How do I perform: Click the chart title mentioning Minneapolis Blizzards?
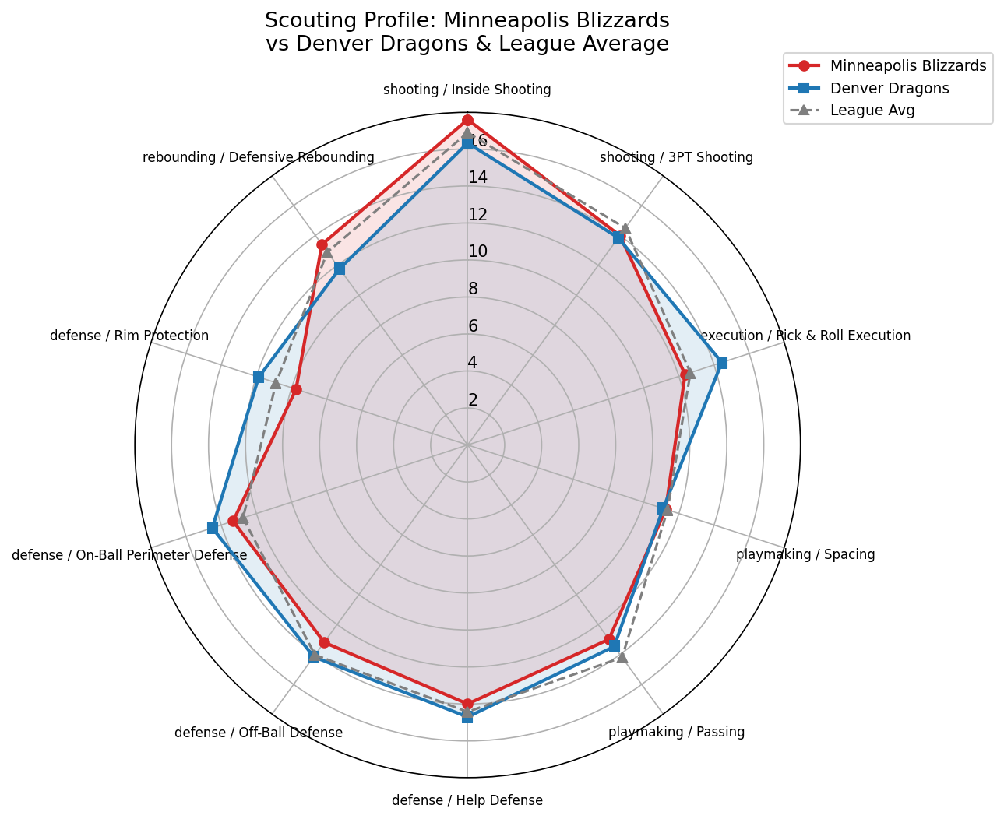click(467, 32)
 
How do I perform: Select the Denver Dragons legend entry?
click(890, 88)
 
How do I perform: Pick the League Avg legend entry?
click(872, 110)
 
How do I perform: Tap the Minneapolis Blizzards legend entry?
click(908, 66)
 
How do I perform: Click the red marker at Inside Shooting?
click(467, 120)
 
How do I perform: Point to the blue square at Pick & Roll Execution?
click(722, 363)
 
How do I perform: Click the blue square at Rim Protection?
click(259, 377)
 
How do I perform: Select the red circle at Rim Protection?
click(296, 389)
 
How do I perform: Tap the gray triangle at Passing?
click(622, 657)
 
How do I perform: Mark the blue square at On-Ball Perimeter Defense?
click(213, 528)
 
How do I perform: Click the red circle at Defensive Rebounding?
click(322, 245)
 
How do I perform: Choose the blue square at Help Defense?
click(467, 717)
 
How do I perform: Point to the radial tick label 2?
click(473, 400)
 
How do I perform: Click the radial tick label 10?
click(477, 251)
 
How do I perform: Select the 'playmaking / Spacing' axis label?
click(805, 555)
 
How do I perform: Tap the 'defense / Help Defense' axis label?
click(467, 800)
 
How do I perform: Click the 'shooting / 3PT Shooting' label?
click(676, 158)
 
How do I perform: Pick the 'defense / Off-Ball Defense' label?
click(259, 733)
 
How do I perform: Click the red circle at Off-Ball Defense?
click(324, 643)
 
